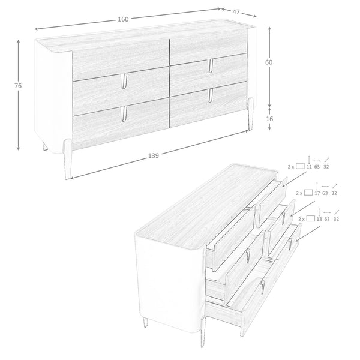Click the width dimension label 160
pyautogui.click(x=123, y=19)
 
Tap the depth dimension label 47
pyautogui.click(x=236, y=12)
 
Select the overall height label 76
pyautogui.click(x=18, y=86)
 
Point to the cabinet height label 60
pyautogui.click(x=269, y=62)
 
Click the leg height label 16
pyautogui.click(x=269, y=119)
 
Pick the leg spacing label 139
pyautogui.click(x=154, y=155)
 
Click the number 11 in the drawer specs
pyautogui.click(x=309, y=167)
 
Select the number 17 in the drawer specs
pyautogui.click(x=317, y=193)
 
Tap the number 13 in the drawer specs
pyautogui.click(x=319, y=219)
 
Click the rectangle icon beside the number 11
pyautogui.click(x=300, y=166)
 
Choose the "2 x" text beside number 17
pyautogui.click(x=299, y=193)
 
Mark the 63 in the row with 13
pyautogui.click(x=327, y=219)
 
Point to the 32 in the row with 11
pyautogui.click(x=326, y=167)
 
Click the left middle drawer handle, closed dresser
pyautogui.click(x=124, y=80)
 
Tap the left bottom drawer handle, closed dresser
pyautogui.click(x=124, y=113)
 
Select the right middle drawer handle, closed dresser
pyautogui.click(x=211, y=66)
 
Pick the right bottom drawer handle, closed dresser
pyautogui.click(x=211, y=95)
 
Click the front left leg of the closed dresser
pyautogui.click(x=67, y=159)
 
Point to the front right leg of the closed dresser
pyautogui.click(x=250, y=114)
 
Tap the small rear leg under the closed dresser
pyautogui.click(x=45, y=146)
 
